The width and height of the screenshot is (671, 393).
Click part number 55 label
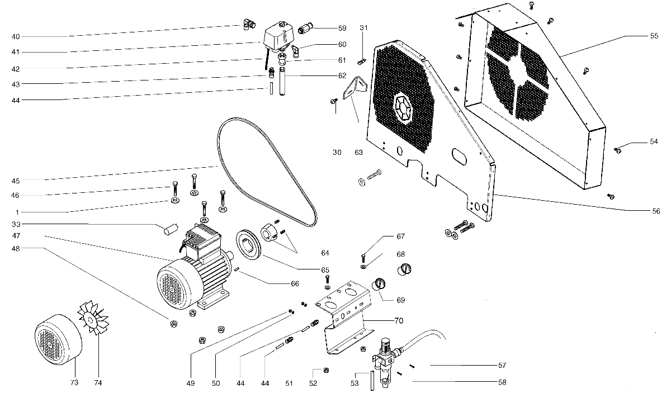pyautogui.click(x=654, y=35)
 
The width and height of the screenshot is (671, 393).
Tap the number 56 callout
pyautogui.click(x=656, y=211)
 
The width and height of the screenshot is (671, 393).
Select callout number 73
pyautogui.click(x=74, y=383)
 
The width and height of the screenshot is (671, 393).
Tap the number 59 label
pyautogui.click(x=342, y=28)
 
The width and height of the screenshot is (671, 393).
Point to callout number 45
pyautogui.click(x=16, y=180)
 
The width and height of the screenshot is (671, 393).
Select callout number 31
pyautogui.click(x=364, y=28)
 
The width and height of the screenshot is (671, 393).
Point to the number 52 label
pyautogui.click(x=313, y=383)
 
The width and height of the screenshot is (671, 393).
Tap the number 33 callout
pyautogui.click(x=16, y=224)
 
